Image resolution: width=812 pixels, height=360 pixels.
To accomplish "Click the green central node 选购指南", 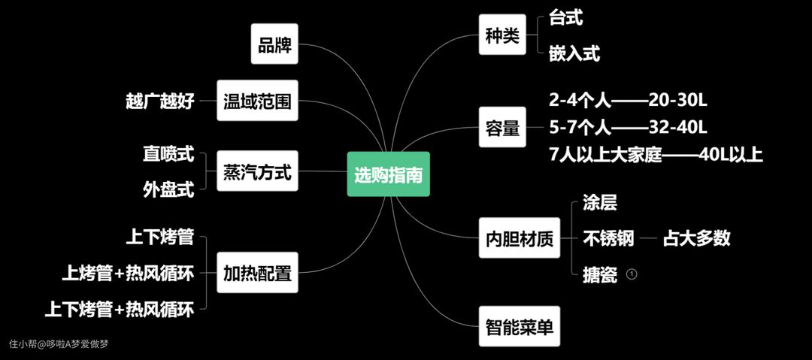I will coord(388,175).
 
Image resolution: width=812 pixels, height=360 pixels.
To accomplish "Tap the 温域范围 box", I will coord(257,101).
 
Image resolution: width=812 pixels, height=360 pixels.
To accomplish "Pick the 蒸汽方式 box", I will coord(257,172).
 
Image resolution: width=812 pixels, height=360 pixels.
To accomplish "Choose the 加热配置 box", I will coord(257,273).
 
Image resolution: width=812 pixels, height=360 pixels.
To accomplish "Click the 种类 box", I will coord(502,35).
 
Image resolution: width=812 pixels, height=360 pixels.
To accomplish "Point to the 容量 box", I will coord(502,128).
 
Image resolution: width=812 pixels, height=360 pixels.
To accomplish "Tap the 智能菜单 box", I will coord(520,326).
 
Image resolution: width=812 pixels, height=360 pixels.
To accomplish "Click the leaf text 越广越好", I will coord(160,101).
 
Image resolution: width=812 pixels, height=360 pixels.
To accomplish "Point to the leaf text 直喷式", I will coord(168,155).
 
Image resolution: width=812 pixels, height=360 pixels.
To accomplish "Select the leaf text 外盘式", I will coord(168,189).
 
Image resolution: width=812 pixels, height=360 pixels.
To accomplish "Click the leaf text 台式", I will coord(565,17).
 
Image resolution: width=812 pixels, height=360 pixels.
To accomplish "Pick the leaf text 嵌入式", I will coord(574,53).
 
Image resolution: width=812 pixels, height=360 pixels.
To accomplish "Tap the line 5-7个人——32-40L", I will coord(629,126).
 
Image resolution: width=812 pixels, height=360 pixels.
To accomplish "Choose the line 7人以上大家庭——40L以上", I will coord(656,155).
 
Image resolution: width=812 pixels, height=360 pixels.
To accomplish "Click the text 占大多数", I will coord(696,239).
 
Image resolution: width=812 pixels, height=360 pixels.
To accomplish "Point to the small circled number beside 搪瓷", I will coord(632,274).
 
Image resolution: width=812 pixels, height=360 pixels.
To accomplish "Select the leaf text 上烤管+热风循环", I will coord(128,274).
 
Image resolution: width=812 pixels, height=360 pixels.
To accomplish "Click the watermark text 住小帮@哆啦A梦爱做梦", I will coord(59,344).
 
